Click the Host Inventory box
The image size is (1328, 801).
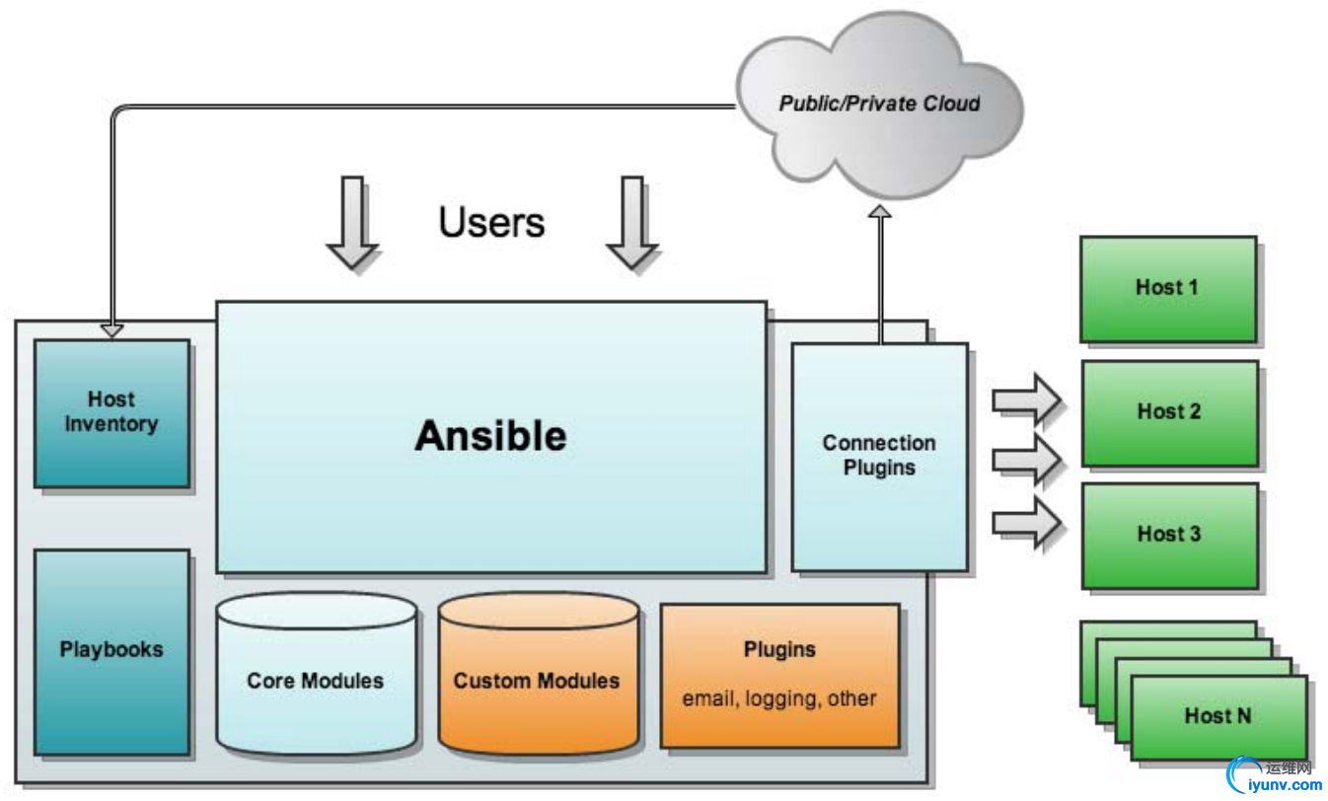pyautogui.click(x=111, y=412)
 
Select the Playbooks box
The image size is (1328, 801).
pyautogui.click(x=111, y=651)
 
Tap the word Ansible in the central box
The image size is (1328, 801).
pyautogui.click(x=490, y=435)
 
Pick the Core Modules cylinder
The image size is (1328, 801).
pyautogui.click(x=316, y=680)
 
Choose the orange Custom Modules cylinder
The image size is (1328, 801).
pyautogui.click(x=538, y=680)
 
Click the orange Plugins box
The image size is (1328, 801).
pyautogui.click(x=779, y=651)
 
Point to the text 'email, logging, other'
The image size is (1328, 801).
pyautogui.click(x=779, y=698)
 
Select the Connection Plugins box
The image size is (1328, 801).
pyautogui.click(x=879, y=456)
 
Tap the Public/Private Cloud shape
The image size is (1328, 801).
pyautogui.click(x=879, y=103)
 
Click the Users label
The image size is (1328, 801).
pyautogui.click(x=491, y=222)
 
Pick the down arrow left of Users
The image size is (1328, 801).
pyautogui.click(x=351, y=223)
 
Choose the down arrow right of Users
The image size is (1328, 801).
pyautogui.click(x=631, y=223)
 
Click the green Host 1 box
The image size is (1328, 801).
pyautogui.click(x=1167, y=288)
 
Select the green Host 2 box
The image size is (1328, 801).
pyautogui.click(x=1169, y=412)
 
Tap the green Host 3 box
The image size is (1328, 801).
pyautogui.click(x=1169, y=535)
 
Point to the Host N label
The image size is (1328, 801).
pyautogui.click(x=1217, y=715)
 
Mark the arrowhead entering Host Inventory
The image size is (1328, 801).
pyautogui.click(x=111, y=330)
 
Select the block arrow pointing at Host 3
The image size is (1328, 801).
pyautogui.click(x=1026, y=522)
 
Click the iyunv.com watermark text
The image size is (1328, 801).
pyautogui.click(x=1277, y=785)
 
